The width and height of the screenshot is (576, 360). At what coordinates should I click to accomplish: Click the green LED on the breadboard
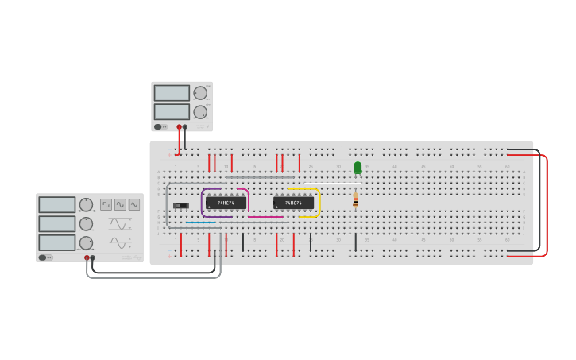pos(358,168)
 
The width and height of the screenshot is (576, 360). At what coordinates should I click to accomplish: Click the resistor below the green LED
pos(355,200)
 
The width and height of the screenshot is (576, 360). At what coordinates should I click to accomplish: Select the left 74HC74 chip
pos(226,203)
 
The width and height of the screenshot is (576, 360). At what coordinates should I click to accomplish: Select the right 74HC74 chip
pos(293,203)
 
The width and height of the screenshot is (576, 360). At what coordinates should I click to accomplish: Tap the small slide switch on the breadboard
pos(180,206)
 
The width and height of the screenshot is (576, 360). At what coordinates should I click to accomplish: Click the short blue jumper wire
pos(200,223)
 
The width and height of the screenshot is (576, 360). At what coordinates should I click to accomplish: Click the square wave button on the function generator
pos(106,204)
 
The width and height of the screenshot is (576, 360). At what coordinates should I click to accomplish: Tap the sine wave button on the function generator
pos(120,204)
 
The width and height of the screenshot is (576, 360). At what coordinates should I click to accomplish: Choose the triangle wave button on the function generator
pos(133,204)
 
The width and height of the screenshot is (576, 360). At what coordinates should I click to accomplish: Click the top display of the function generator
pos(57,205)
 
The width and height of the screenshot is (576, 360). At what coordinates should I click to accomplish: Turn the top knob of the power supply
pos(200,93)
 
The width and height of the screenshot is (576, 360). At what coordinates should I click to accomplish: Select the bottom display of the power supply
pos(172,112)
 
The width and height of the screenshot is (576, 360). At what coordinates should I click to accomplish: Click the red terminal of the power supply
pos(179,126)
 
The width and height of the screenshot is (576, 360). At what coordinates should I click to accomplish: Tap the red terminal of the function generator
pos(87,257)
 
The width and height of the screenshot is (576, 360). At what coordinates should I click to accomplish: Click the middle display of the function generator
pos(57,224)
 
